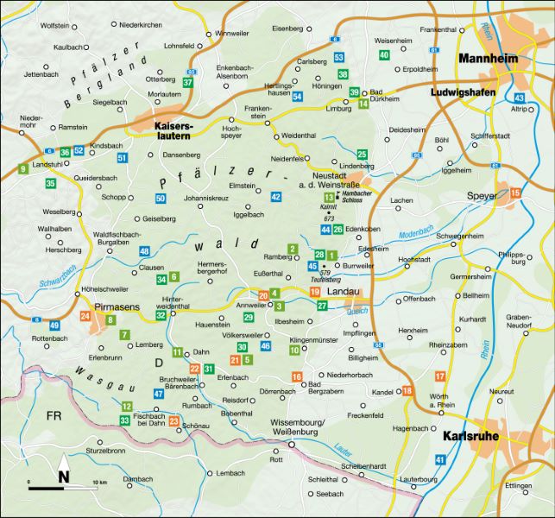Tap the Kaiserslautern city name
(x=177, y=130)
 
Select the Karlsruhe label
(x=470, y=437)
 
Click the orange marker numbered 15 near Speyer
(x=515, y=193)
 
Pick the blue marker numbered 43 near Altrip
(x=519, y=98)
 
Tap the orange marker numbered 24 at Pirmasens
(x=85, y=317)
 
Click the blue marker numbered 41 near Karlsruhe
(x=440, y=460)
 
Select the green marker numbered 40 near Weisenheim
(x=384, y=55)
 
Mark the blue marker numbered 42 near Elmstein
(x=276, y=197)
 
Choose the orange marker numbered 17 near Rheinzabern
(x=440, y=376)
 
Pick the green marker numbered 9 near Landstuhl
(x=22, y=168)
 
